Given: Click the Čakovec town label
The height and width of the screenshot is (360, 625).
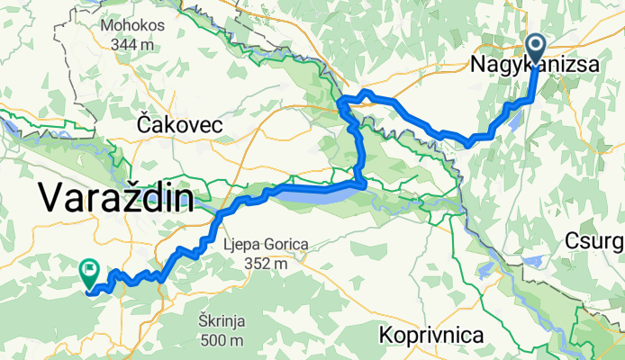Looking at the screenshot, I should [x=181, y=126].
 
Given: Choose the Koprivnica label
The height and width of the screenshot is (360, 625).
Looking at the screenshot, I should [x=431, y=335].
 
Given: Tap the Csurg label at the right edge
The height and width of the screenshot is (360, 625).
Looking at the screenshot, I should [x=595, y=240].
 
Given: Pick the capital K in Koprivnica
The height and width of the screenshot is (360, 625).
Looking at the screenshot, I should [x=386, y=335].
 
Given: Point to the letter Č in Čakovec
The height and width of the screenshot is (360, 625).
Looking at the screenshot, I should [x=145, y=126].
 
